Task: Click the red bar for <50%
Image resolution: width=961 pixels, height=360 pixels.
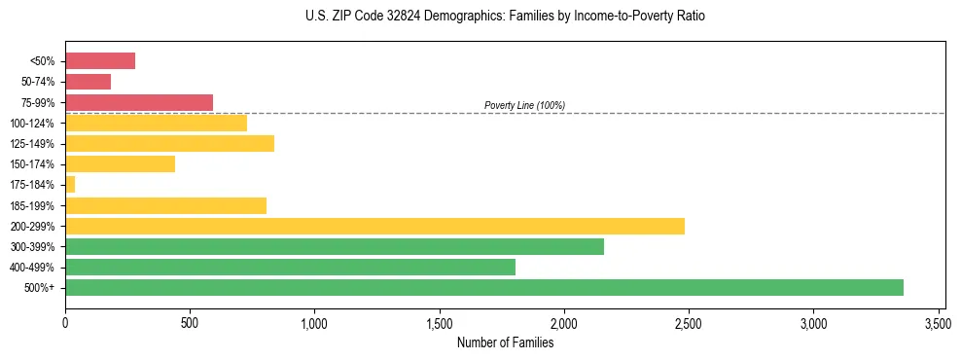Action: (100, 61)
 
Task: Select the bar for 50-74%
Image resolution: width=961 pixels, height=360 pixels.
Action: (88, 82)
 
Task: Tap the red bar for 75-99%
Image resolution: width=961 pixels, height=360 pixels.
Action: (139, 102)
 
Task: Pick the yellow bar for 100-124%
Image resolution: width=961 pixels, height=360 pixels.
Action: (156, 123)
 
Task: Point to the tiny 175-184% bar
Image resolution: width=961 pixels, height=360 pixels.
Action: (70, 184)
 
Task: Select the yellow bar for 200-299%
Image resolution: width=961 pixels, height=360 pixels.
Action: (374, 226)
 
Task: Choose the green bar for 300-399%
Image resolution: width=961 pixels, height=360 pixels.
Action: (335, 246)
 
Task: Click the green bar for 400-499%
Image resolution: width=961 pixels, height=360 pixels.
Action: (290, 267)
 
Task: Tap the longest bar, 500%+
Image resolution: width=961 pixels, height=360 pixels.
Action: (484, 287)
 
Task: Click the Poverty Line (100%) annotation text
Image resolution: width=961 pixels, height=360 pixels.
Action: (524, 105)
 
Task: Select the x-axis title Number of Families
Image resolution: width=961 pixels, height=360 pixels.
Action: (505, 342)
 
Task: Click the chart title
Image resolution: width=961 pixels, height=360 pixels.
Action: (505, 17)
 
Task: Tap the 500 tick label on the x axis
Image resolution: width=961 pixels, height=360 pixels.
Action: (190, 322)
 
